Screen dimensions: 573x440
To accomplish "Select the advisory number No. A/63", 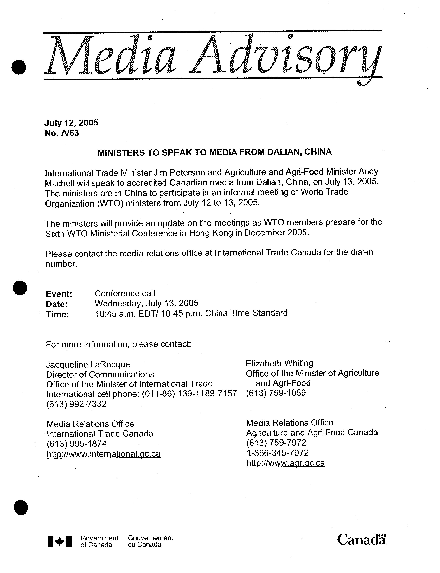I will pos(62,133).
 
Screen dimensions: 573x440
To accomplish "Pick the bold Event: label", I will pos(59,294).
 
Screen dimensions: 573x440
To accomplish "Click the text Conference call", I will pos(125,293).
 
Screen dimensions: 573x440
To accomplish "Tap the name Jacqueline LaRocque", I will pos(88,364).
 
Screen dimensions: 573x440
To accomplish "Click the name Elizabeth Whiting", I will pos(279,363).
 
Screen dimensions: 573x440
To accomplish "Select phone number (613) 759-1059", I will pos(276,393).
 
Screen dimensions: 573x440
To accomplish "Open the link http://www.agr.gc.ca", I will pos(285,463).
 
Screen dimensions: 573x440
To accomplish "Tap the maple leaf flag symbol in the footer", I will pos(59,541).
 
